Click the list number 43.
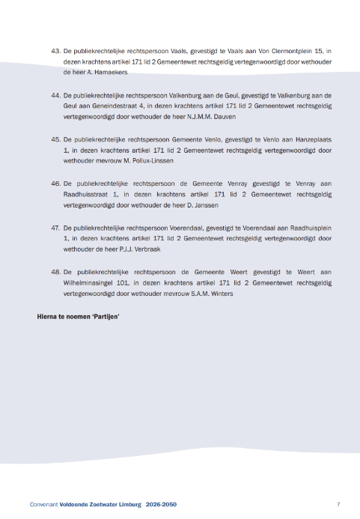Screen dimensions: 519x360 [x=55, y=51]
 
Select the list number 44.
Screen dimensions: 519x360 [x=55, y=97]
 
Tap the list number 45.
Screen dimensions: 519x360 [x=55, y=139]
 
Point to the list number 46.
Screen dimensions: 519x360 [x=55, y=183]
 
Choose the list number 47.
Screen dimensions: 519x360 [x=55, y=226]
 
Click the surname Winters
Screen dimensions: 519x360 [x=219, y=294]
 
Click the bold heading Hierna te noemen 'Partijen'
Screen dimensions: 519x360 [x=79, y=317]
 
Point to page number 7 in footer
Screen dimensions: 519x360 [x=338, y=504]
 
